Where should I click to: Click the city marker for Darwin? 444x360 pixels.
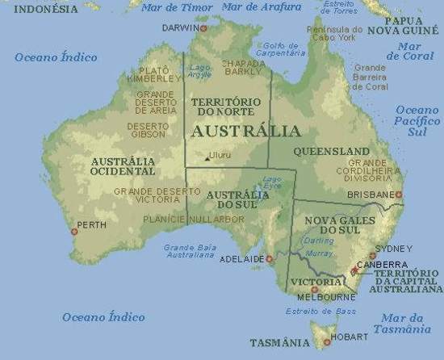tap(203, 28)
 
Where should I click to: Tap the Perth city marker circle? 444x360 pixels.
tap(74, 232)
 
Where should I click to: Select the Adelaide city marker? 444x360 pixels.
tap(270, 259)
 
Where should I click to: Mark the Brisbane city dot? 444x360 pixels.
tap(398, 195)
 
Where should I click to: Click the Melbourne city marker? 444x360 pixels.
tap(314, 289)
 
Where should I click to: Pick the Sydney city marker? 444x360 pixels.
tap(373, 256)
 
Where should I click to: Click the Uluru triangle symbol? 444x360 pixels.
tap(205, 159)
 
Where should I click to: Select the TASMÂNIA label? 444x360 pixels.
tap(279, 343)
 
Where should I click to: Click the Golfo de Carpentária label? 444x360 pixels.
tap(283, 50)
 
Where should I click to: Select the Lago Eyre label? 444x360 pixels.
tap(274, 182)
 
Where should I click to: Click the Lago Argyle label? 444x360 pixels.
tap(199, 71)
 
